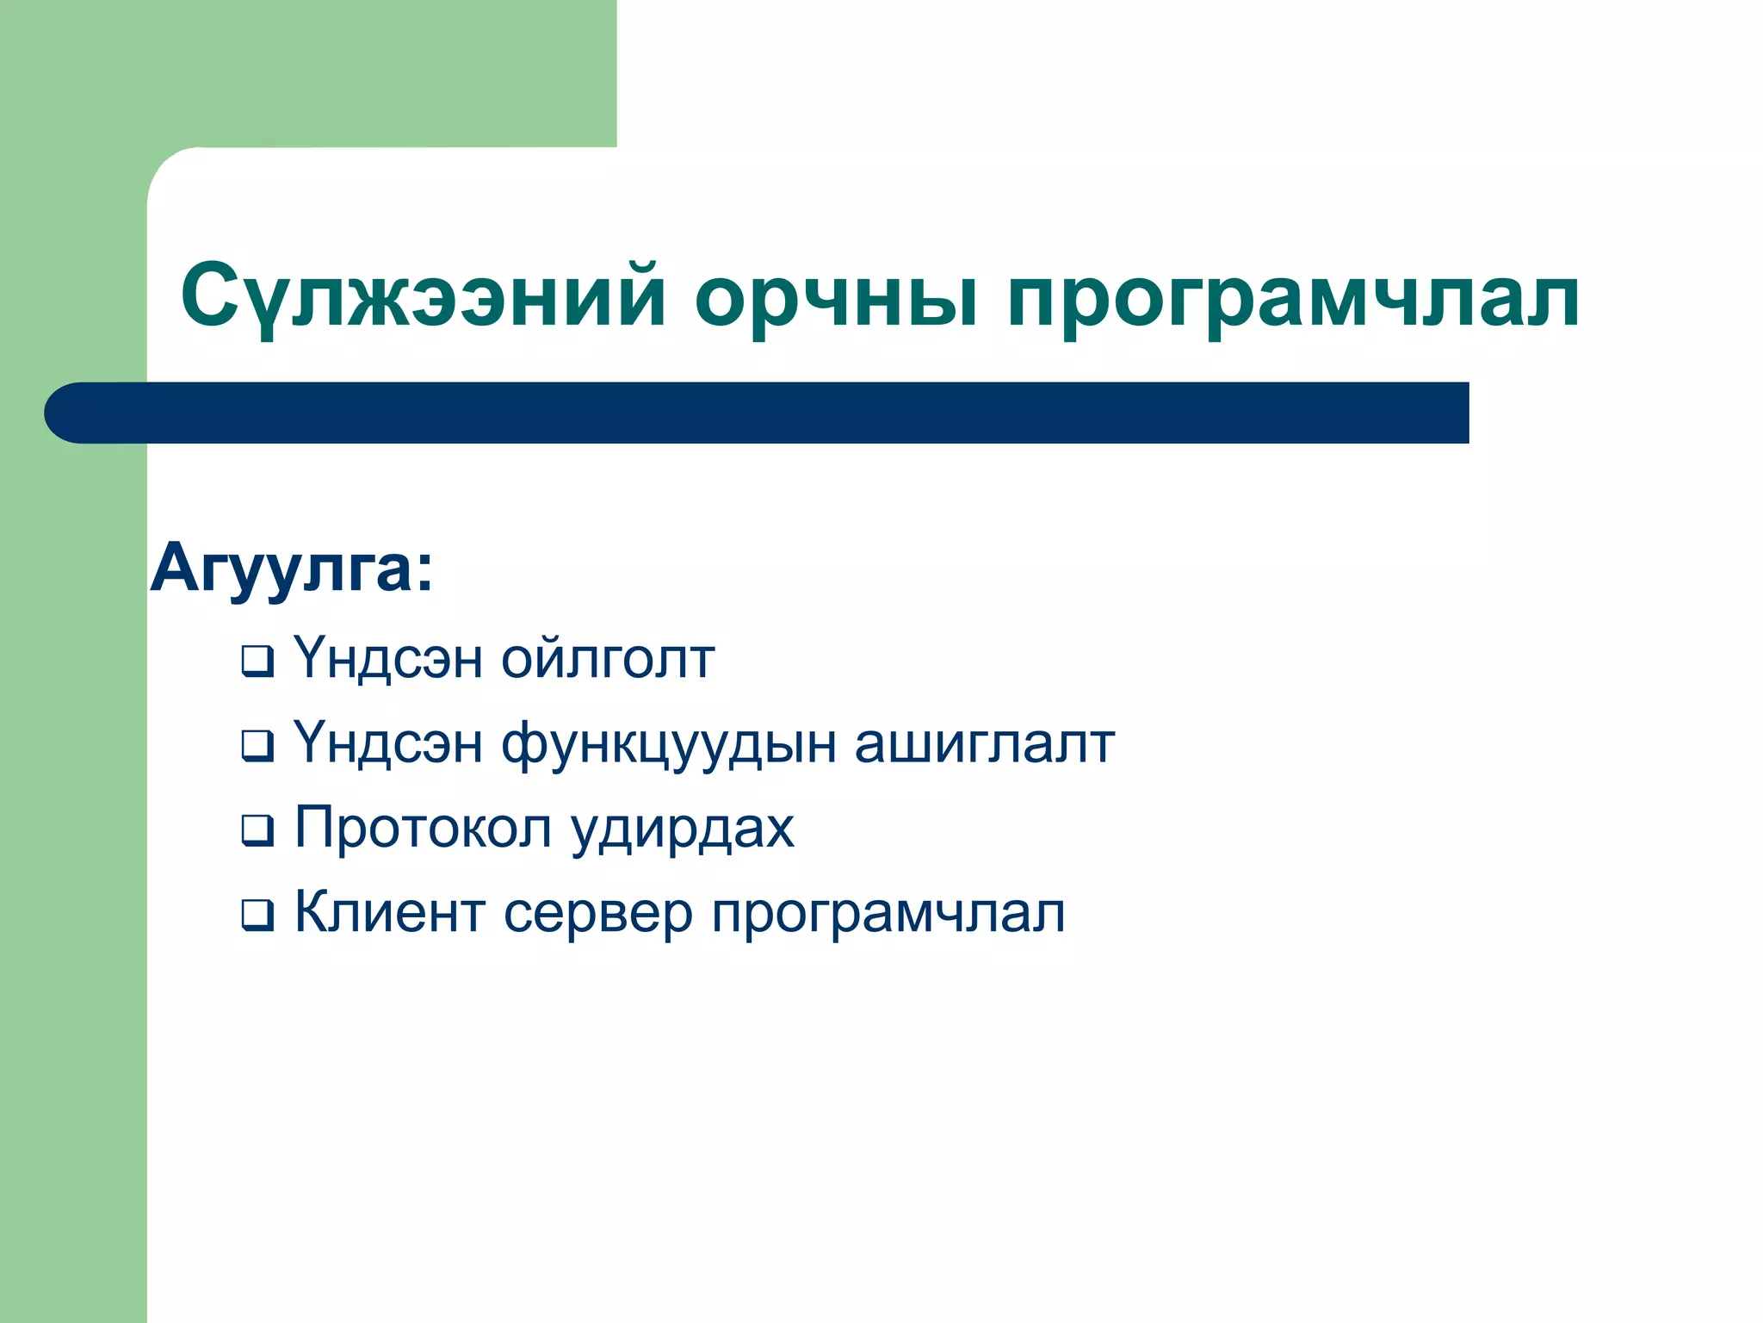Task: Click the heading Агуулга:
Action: (x=291, y=569)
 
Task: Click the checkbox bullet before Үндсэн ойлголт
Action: (x=257, y=661)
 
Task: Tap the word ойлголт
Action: (x=608, y=660)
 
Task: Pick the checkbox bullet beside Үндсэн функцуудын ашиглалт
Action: (x=257, y=745)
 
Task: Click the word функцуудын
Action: (x=668, y=746)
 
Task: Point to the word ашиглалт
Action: (x=984, y=744)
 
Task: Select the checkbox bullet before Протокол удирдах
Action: (x=257, y=829)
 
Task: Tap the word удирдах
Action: (x=683, y=829)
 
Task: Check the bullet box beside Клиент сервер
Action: (x=257, y=914)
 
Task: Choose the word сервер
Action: (x=597, y=914)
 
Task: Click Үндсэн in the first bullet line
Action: (x=387, y=660)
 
